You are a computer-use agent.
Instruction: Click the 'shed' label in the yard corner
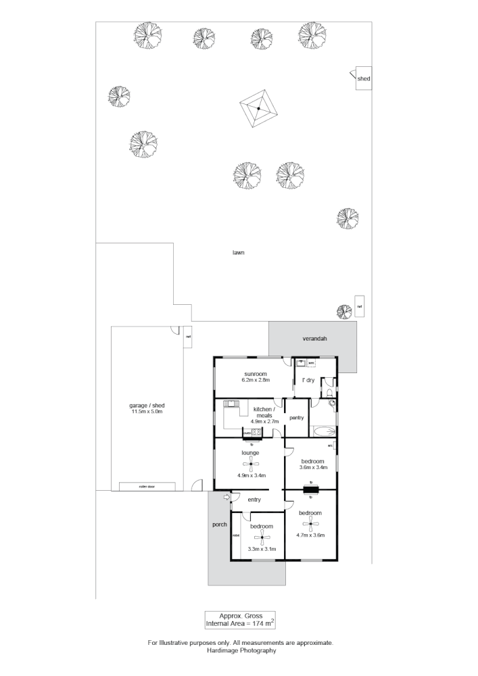(x=364, y=79)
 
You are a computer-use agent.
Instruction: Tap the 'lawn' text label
(x=236, y=253)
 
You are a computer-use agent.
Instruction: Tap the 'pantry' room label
(x=296, y=418)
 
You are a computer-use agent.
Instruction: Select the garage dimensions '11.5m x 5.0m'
(x=147, y=412)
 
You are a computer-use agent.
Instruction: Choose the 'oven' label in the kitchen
(x=247, y=432)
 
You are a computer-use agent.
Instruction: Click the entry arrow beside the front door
(x=226, y=498)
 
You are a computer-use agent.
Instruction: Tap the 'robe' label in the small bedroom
(x=236, y=535)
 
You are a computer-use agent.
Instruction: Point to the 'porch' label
(x=218, y=525)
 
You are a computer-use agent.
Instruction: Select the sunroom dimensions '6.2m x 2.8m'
(x=256, y=380)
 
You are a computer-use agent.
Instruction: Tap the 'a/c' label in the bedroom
(x=331, y=446)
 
